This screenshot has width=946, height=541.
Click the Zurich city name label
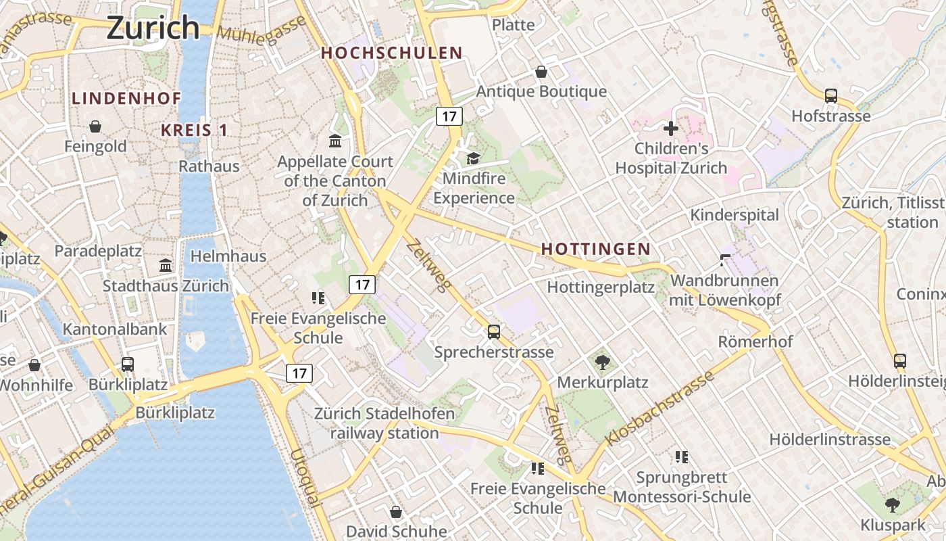pos(153,28)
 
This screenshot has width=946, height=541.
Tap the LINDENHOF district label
pos(126,98)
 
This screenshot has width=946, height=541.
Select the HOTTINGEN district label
pos(595,250)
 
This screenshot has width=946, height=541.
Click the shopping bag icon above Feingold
pos(95,126)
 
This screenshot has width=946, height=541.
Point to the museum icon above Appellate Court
pos(334,141)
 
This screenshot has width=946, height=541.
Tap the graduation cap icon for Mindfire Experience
pos(473,159)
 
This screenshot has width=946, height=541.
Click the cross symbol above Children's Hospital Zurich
pos(670,128)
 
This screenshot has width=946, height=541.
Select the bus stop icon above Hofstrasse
pos(830,96)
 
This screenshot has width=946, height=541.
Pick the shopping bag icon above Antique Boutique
pos(541,72)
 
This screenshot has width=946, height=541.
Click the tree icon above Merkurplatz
pos(602,362)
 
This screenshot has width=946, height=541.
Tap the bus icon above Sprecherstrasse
pos(494,332)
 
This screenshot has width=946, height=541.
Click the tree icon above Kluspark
pos(893,504)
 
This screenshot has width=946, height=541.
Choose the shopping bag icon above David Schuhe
pos(396,512)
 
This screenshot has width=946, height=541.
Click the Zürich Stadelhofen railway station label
pos(384,423)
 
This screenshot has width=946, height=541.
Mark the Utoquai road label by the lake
pos(304,477)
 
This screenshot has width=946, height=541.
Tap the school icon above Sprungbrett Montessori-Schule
pos(682,458)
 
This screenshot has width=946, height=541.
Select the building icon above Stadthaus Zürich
pos(166,265)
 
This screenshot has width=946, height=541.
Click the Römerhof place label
pos(755,342)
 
